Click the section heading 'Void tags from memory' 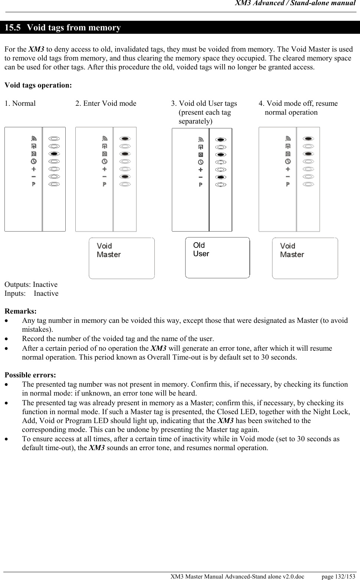click(x=74, y=28)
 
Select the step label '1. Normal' click(x=20, y=104)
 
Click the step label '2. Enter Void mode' click(x=106, y=104)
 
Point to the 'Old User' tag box click(x=217, y=258)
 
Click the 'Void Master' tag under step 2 click(x=121, y=258)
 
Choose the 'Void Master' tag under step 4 click(x=305, y=258)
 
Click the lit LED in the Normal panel click(x=54, y=154)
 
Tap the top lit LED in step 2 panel click(x=125, y=139)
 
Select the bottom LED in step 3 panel click(x=221, y=184)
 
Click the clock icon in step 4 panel click(x=288, y=161)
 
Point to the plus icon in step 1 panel click(x=33, y=169)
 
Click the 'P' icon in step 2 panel click(x=104, y=184)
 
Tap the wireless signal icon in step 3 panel click(x=201, y=140)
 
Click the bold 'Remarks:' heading click(x=20, y=311)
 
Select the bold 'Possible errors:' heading click(x=30, y=375)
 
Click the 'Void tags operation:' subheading click(x=38, y=85)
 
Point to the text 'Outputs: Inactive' click(x=31, y=285)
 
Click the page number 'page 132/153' click(x=338, y=576)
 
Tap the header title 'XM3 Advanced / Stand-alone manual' click(x=295, y=4)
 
